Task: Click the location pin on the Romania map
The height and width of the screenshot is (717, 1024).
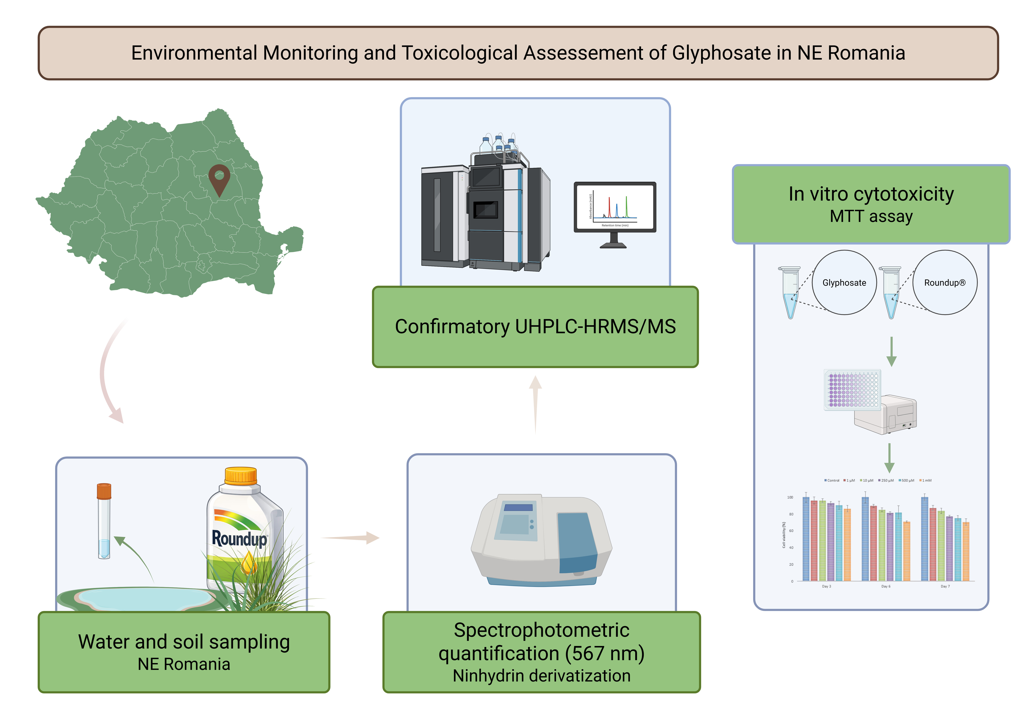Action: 219,178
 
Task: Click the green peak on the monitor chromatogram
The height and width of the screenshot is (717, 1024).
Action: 627,207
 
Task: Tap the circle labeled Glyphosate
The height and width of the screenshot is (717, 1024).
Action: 844,282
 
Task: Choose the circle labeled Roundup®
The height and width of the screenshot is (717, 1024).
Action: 945,282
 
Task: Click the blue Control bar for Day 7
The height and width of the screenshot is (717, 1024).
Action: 925,539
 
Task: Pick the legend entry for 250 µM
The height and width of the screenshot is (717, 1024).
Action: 886,481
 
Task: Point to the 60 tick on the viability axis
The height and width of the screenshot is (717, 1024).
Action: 791,531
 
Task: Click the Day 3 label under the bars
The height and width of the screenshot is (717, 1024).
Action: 826,586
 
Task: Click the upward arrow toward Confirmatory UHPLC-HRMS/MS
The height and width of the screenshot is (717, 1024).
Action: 536,404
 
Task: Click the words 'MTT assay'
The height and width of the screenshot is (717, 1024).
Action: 871,216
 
